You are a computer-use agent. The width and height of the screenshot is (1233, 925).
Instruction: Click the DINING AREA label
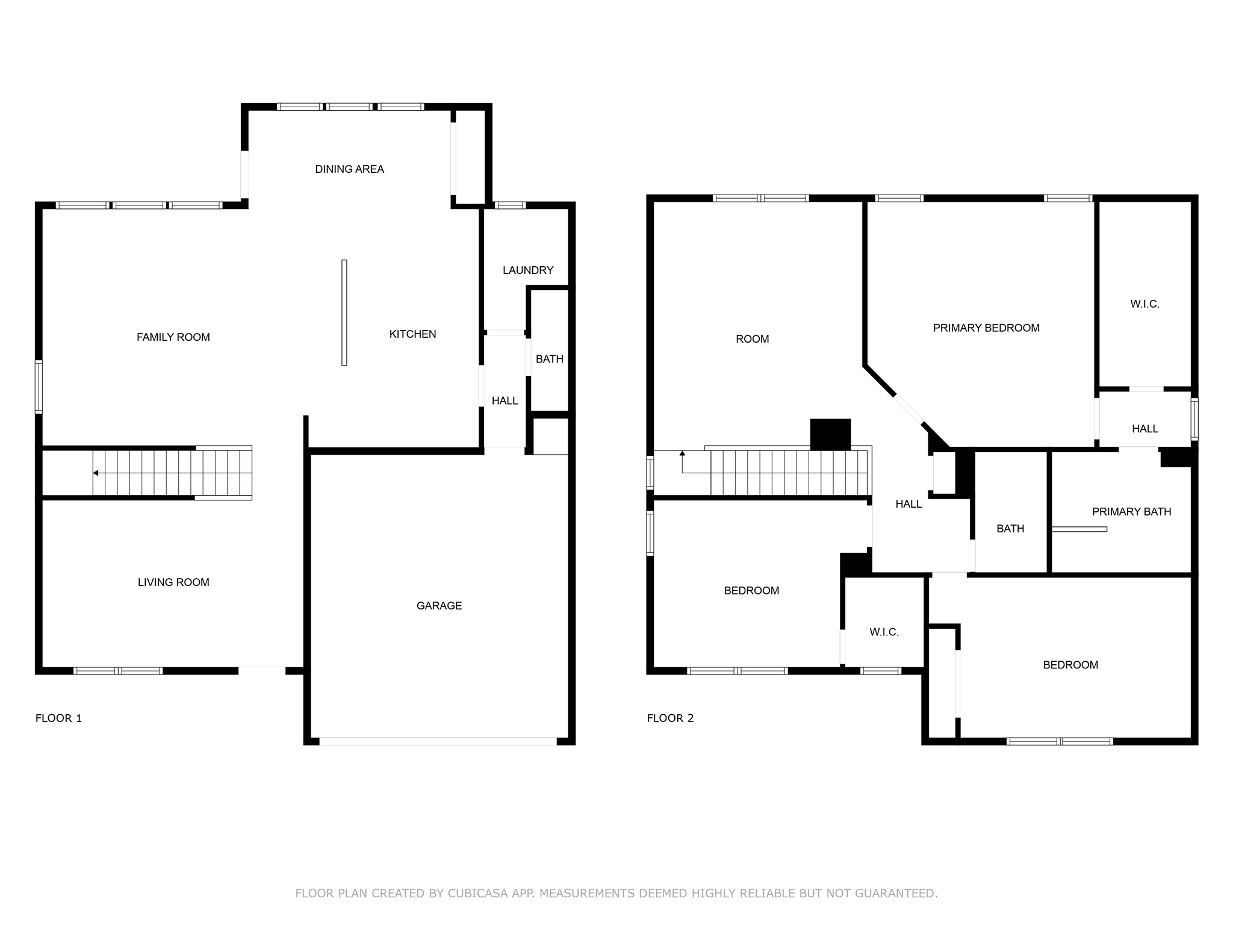[349, 169]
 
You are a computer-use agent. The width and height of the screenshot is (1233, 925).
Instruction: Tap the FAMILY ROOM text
[173, 337]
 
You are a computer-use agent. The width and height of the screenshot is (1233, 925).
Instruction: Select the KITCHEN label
[412, 334]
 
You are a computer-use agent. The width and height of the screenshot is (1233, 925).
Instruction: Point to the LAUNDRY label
[528, 270]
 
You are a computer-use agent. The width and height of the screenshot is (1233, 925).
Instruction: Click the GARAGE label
[439, 606]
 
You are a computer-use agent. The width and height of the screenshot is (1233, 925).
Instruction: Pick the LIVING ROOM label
[173, 582]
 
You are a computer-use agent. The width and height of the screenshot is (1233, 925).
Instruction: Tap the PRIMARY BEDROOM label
[986, 328]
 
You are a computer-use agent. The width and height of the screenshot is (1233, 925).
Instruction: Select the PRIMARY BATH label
[1131, 512]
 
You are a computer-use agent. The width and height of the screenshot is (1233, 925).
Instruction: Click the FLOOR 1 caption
[58, 718]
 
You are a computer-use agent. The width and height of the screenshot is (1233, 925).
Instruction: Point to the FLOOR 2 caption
[670, 718]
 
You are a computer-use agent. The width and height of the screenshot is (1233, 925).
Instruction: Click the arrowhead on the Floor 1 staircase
[96, 473]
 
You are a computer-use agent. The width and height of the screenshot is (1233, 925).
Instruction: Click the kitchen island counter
[344, 313]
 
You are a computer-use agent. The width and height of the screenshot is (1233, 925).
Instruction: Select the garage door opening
[438, 741]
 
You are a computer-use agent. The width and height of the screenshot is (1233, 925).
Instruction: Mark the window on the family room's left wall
[39, 387]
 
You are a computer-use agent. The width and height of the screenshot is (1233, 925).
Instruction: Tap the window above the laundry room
[509, 205]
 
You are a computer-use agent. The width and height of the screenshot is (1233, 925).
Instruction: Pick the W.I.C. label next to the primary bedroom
[1144, 304]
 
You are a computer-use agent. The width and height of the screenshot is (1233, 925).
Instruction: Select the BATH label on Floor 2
[1010, 529]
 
